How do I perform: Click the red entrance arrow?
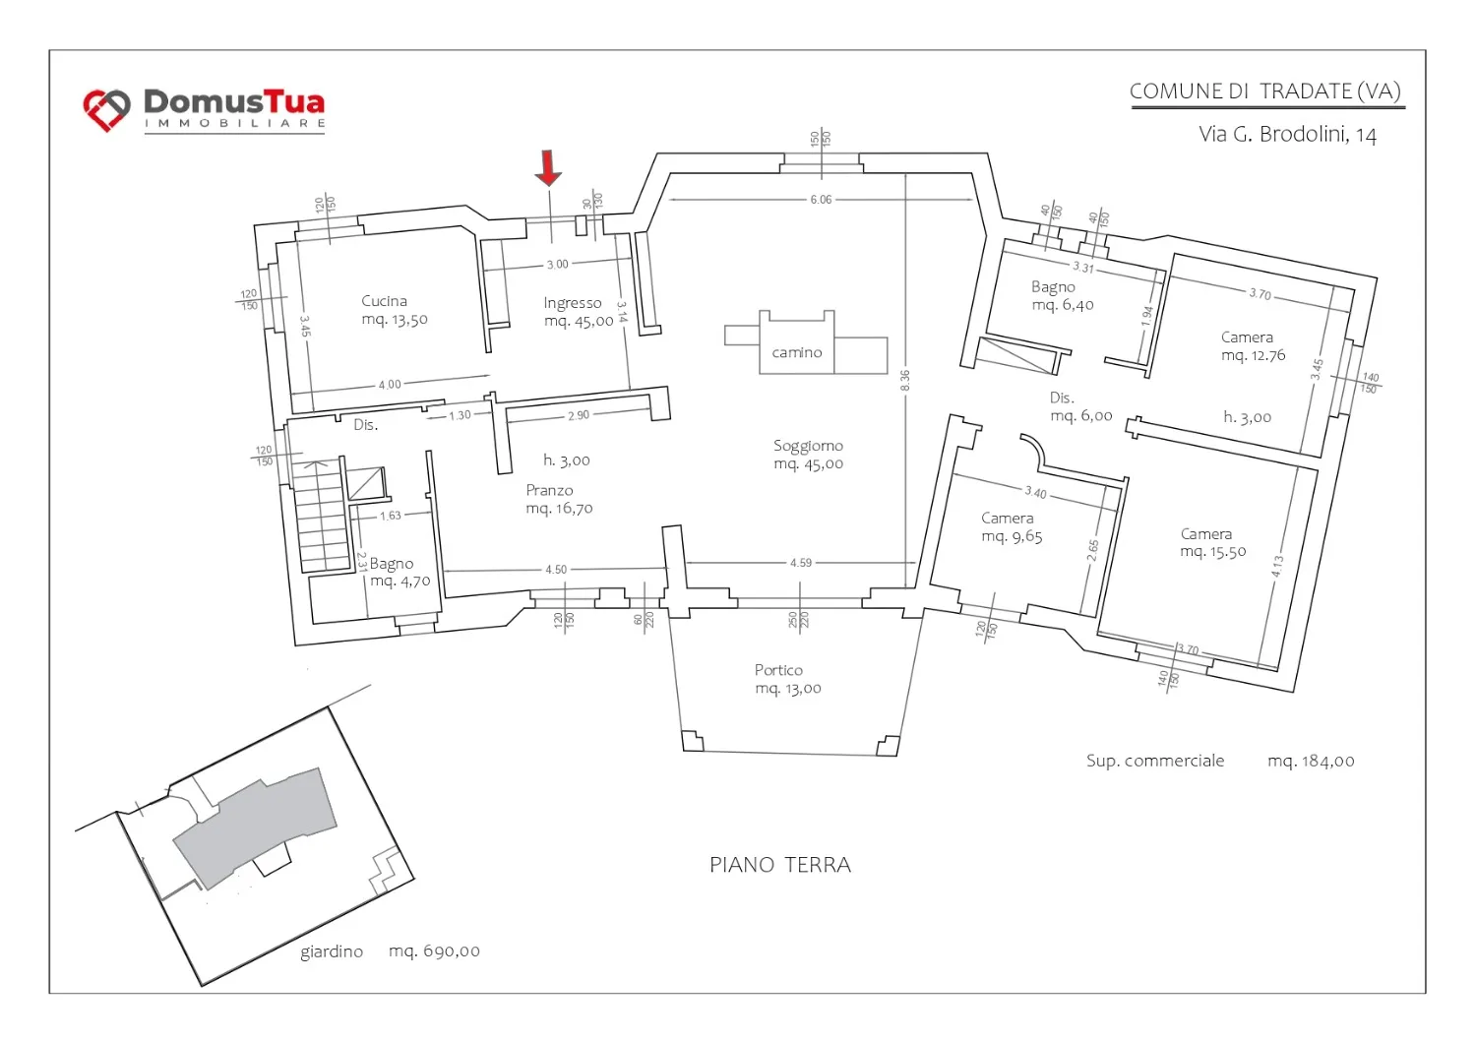[548, 167]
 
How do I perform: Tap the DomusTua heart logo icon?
[106, 110]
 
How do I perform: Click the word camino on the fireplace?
[797, 352]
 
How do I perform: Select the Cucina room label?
[394, 310]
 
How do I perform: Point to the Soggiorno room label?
[809, 455]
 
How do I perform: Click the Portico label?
[787, 679]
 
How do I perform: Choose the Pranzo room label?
[559, 499]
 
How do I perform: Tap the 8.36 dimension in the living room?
[904, 380]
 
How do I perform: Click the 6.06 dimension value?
[821, 199]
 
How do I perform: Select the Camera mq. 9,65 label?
[1012, 527]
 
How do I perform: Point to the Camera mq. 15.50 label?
[1212, 542]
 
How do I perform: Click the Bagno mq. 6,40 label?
[1062, 296]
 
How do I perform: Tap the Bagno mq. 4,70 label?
[400, 572]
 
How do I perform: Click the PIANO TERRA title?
[780, 865]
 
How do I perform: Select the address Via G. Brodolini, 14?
[1287, 135]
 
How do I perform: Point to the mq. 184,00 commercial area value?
[1311, 762]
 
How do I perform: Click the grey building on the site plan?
[256, 827]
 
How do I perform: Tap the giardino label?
[332, 951]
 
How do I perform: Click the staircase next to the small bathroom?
[322, 515]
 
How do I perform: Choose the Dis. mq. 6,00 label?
[1080, 406]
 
